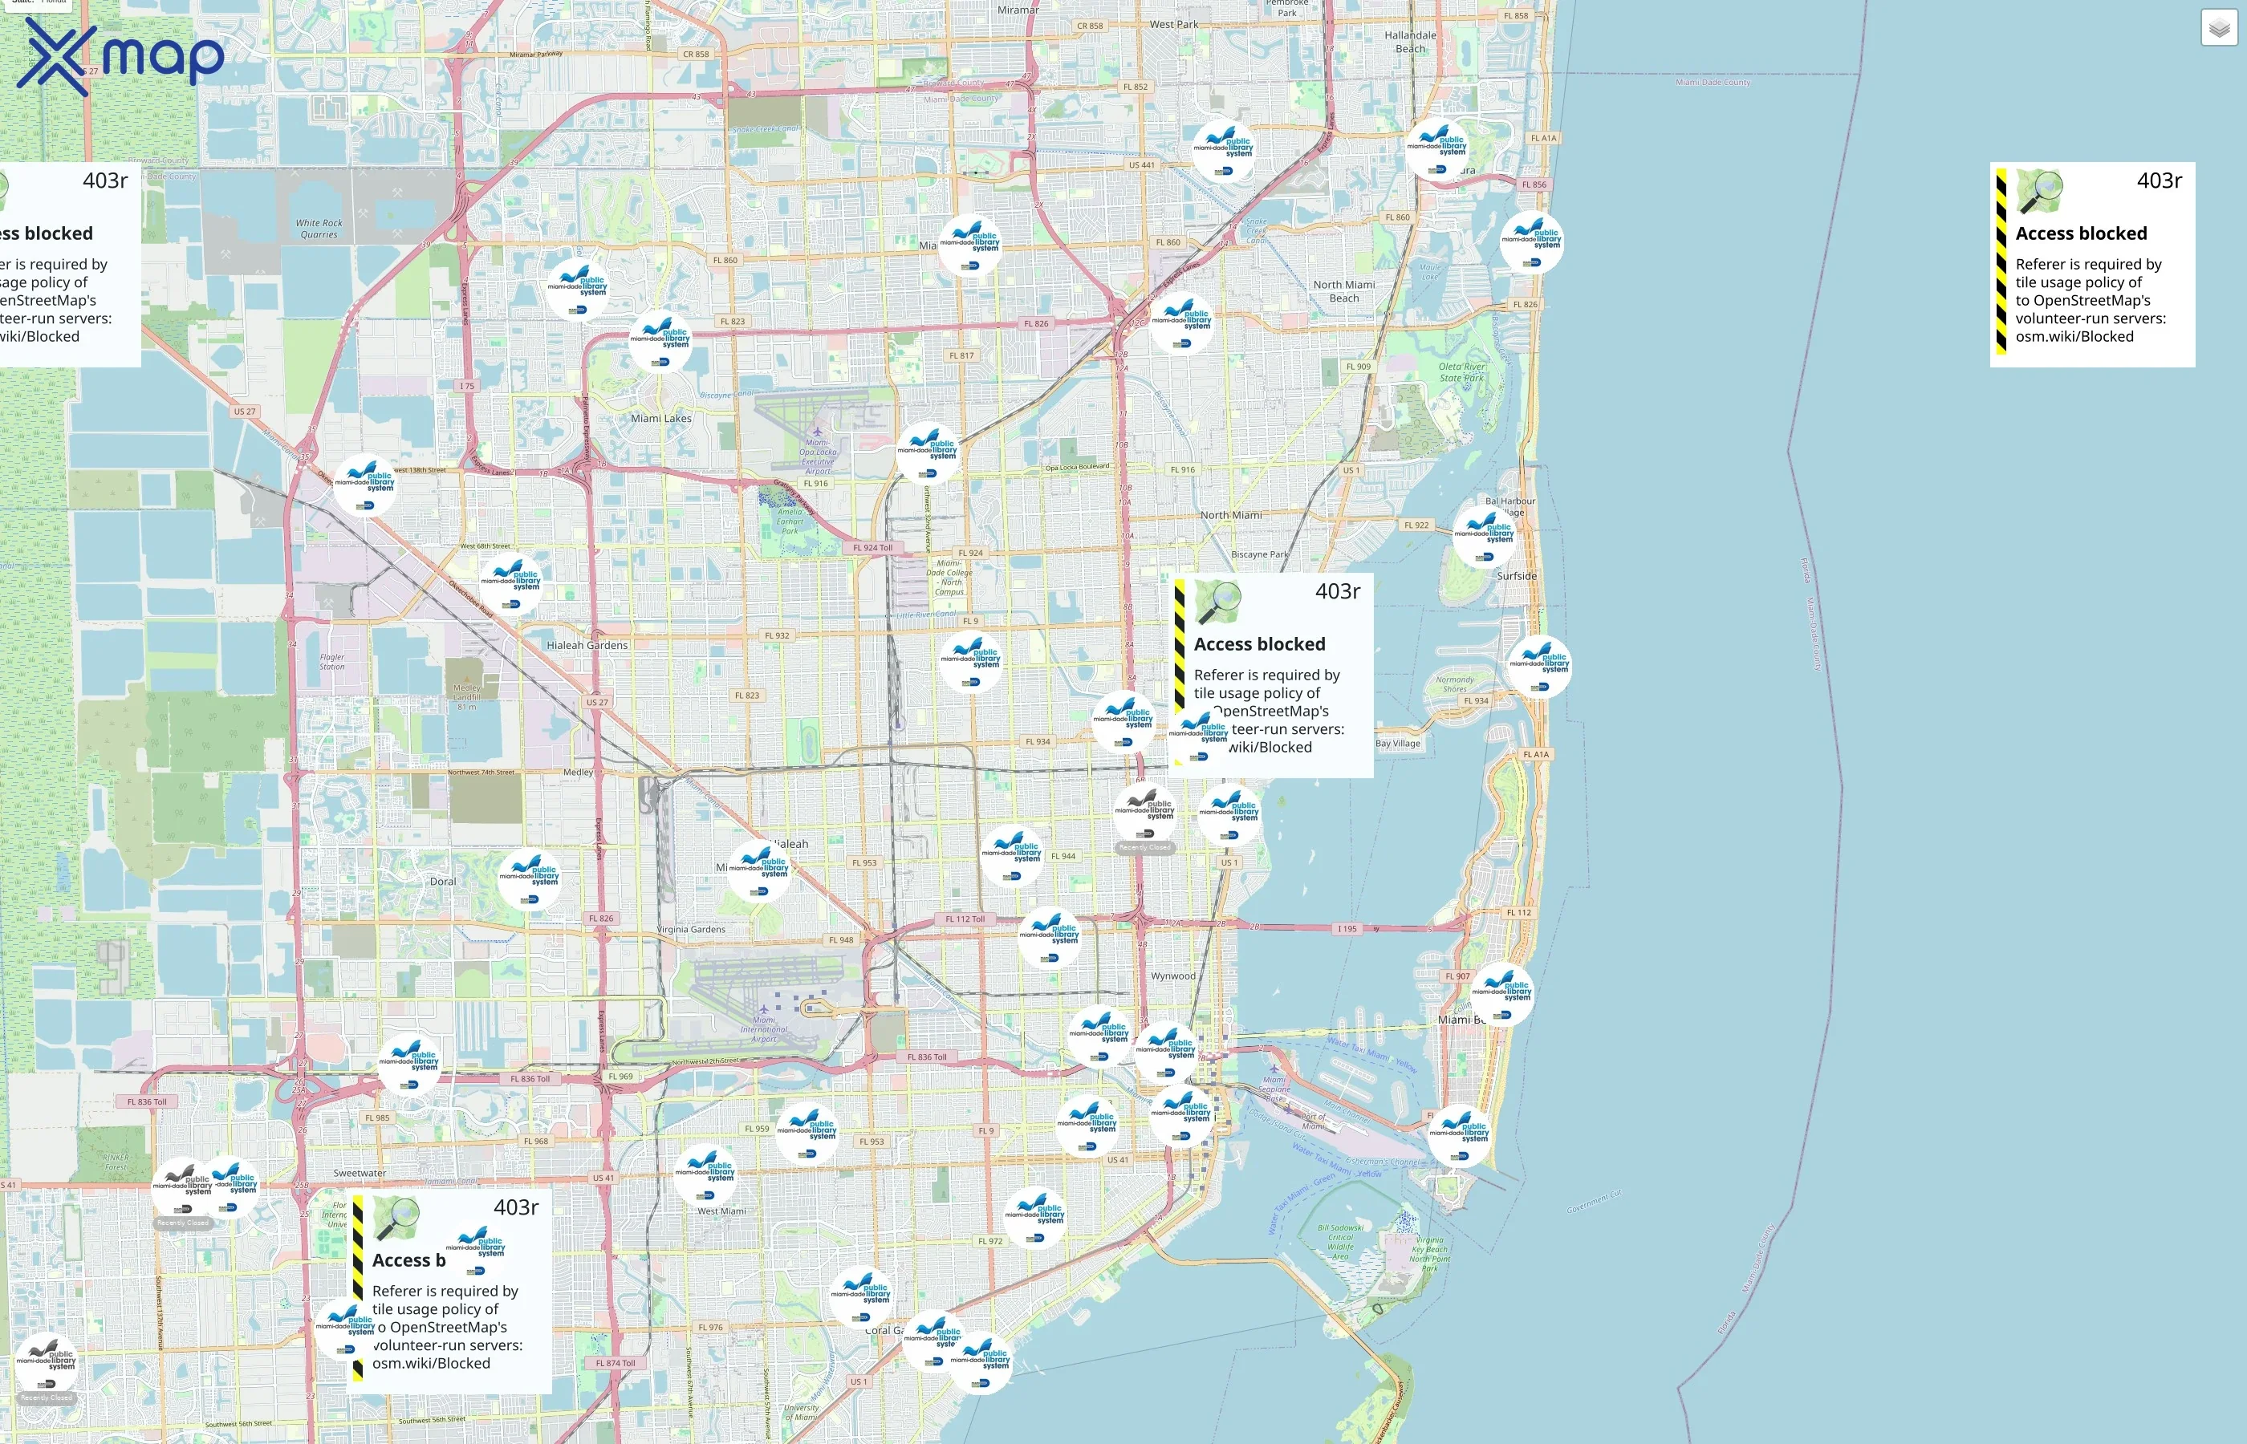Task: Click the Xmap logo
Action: pos(120,56)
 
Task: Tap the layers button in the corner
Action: pos(2219,28)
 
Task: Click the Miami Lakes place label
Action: pos(661,418)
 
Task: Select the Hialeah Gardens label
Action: pos(587,645)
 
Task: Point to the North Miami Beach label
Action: pos(1344,290)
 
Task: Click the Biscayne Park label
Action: pos(1258,554)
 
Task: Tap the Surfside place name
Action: pos(1517,576)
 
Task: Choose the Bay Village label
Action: pos(1397,744)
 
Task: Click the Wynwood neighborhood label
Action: pos(1173,976)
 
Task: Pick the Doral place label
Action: pos(443,882)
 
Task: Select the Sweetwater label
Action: pos(360,1173)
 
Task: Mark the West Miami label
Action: pos(721,1211)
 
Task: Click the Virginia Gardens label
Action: pos(691,929)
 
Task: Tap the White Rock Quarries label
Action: pos(319,229)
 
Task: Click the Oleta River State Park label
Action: pos(1461,372)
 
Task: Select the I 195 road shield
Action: pos(1347,929)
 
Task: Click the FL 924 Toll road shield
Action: pos(872,548)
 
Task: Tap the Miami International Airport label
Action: pos(763,1029)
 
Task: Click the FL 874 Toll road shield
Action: pos(616,1363)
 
